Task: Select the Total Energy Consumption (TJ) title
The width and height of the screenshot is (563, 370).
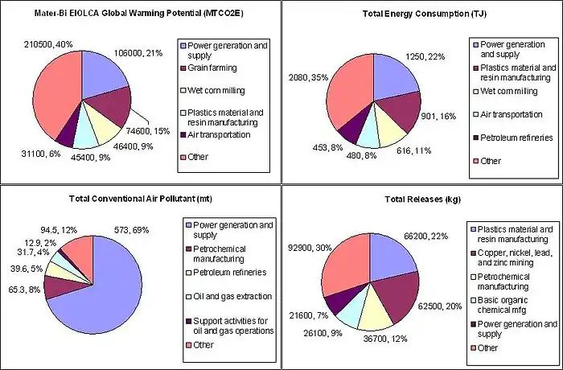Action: pyautogui.click(x=421, y=14)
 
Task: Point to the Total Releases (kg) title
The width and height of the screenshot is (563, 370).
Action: pyautogui.click(x=421, y=199)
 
